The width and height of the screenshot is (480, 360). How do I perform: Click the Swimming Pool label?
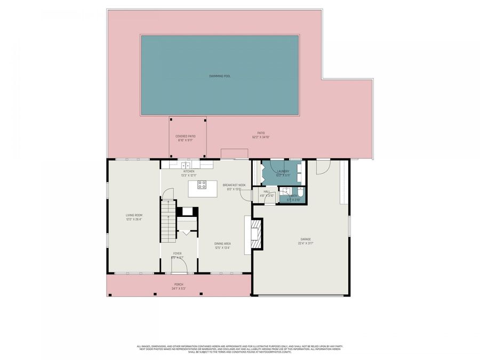(x=220, y=76)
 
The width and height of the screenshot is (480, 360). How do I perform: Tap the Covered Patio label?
(x=185, y=136)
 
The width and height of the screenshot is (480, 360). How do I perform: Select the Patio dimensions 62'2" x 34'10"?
(x=261, y=137)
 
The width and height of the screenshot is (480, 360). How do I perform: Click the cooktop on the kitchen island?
(x=202, y=185)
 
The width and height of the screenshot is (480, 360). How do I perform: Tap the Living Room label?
(x=133, y=215)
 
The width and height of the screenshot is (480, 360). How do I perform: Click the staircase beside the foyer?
(x=169, y=220)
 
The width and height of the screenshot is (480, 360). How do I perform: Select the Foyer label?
(x=177, y=253)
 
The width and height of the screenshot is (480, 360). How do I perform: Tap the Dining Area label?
(x=222, y=244)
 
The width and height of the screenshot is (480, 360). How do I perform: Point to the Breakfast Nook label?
(x=234, y=185)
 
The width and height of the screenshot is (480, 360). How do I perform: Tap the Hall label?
(x=267, y=191)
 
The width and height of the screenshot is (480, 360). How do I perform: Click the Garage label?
(x=305, y=239)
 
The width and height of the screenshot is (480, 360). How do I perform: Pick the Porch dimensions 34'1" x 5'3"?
(x=178, y=289)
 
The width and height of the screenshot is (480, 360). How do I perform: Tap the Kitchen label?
(x=189, y=171)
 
